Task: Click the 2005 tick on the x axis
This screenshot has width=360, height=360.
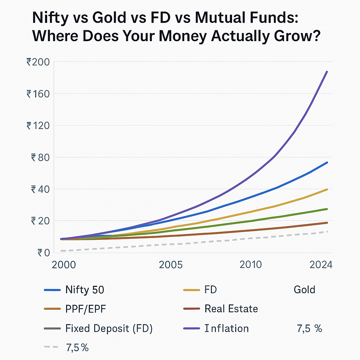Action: tap(171, 264)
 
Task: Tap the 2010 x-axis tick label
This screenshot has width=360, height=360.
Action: tap(251, 264)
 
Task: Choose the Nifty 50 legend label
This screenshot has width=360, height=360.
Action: tap(85, 290)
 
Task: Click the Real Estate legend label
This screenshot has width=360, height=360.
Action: tap(231, 309)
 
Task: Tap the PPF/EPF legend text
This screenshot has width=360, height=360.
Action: tap(85, 309)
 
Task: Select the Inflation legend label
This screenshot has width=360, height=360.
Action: tap(226, 328)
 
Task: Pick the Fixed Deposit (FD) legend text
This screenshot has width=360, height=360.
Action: tap(109, 328)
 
